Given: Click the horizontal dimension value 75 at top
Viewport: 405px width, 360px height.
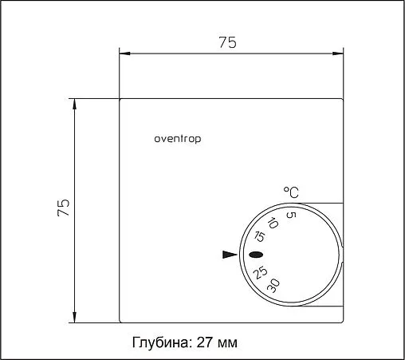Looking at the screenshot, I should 227,43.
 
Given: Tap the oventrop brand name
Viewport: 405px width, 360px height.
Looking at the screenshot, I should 177,138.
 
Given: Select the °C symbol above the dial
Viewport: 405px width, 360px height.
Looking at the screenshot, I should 291,192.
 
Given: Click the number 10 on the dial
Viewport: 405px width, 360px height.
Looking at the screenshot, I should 273,224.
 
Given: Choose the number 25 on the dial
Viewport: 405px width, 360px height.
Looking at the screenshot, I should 260,272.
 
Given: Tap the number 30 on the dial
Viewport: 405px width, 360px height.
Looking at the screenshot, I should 273,285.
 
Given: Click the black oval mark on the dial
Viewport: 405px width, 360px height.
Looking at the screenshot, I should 256,255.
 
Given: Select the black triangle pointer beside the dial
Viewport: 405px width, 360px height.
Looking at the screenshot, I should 230,255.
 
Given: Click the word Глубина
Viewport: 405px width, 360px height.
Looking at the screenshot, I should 160,342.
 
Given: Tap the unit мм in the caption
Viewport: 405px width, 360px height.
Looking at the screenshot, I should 227,342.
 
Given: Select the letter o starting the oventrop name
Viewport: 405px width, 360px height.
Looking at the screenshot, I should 157,138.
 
